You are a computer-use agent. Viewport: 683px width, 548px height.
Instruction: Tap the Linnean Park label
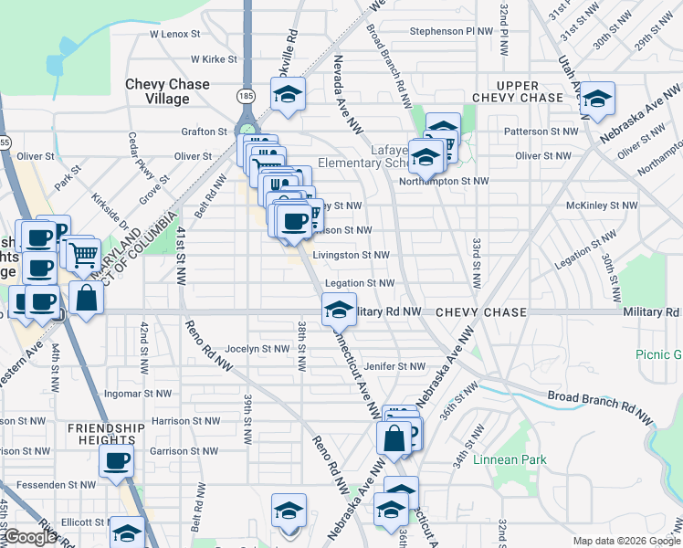coord(510,460)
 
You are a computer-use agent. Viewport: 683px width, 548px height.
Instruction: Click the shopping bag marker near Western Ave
coord(85,299)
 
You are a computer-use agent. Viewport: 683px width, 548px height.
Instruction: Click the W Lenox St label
coord(174,34)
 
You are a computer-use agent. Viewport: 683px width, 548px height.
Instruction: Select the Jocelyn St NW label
coord(257,349)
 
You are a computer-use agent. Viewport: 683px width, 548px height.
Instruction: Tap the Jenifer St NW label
coord(394,366)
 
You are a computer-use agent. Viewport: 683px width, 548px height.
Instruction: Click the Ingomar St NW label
coord(137,395)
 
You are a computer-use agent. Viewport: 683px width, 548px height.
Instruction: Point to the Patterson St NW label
coord(541,132)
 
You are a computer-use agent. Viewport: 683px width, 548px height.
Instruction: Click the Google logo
coord(30,538)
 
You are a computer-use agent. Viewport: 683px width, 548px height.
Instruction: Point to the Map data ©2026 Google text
coord(625,541)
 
